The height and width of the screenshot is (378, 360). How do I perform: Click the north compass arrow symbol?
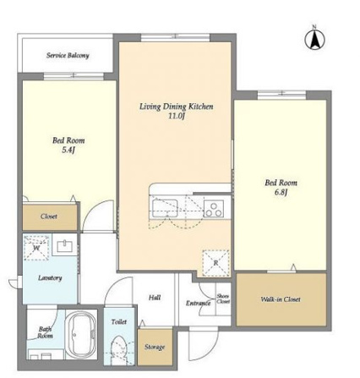[x=314, y=40]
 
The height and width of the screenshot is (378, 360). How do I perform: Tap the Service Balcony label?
[x=68, y=55]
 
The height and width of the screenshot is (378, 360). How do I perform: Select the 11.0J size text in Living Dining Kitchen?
[x=177, y=116]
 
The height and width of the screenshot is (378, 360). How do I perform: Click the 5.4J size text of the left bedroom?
[x=68, y=150]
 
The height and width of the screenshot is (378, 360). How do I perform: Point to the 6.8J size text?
[x=281, y=192]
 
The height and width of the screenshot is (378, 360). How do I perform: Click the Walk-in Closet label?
[x=281, y=299]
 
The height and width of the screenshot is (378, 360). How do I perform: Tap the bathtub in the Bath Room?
[x=81, y=335]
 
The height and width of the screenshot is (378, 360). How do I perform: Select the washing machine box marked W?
[x=36, y=248]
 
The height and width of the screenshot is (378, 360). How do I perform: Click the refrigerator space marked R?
[x=215, y=263]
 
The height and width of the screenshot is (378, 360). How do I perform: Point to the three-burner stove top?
[x=214, y=209]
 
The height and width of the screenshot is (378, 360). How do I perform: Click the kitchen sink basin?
[x=165, y=208]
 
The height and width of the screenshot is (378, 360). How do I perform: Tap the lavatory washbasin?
[x=65, y=246]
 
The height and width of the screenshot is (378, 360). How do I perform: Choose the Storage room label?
[x=155, y=347]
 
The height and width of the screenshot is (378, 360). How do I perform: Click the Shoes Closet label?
[x=223, y=299]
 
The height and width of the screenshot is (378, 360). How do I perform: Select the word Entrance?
[x=198, y=303]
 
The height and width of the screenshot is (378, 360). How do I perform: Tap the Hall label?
[x=155, y=297]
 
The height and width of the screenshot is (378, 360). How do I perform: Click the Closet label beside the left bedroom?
[x=49, y=216]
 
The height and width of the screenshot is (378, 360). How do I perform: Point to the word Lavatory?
[x=50, y=278]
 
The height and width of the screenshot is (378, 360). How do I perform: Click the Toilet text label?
[x=119, y=321]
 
